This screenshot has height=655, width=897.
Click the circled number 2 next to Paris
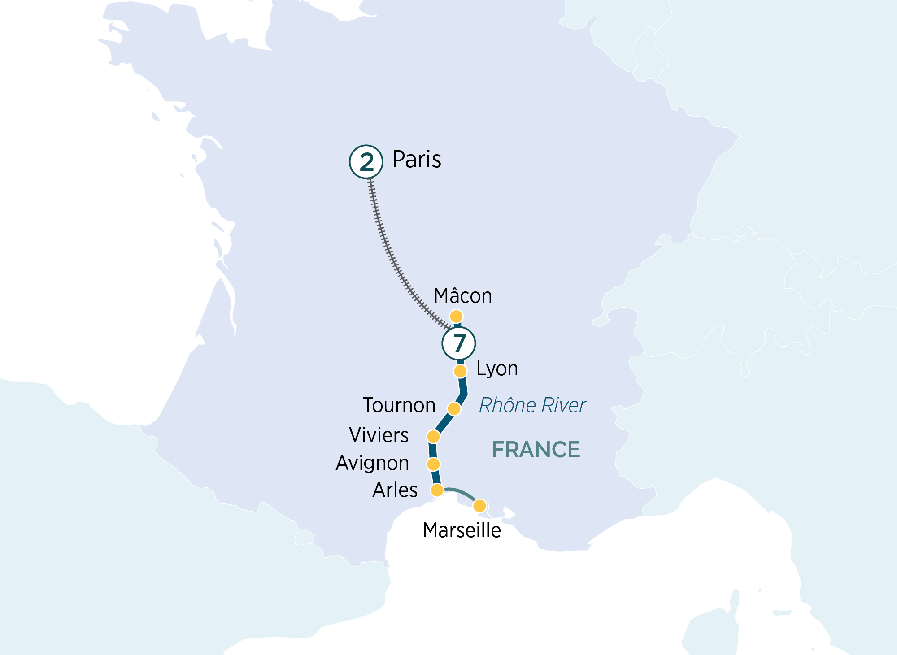(x=366, y=162)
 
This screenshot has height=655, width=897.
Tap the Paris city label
(x=417, y=160)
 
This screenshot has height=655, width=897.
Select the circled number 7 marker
(x=458, y=343)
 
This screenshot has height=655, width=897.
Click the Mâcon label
(x=463, y=296)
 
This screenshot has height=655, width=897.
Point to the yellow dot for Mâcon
(x=456, y=317)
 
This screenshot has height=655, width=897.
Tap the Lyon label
(x=497, y=369)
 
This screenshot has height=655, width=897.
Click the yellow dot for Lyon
(x=460, y=371)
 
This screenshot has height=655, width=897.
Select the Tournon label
(x=399, y=405)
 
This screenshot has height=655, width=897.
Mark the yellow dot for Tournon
(x=454, y=408)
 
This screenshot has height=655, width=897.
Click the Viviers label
(x=379, y=435)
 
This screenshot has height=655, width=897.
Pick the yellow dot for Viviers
(x=433, y=436)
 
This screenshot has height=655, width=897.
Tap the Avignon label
(x=372, y=463)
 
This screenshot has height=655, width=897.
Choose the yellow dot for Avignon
(x=433, y=464)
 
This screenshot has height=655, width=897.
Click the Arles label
(x=395, y=490)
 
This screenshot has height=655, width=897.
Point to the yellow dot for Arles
(x=437, y=490)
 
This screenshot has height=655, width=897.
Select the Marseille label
(x=462, y=530)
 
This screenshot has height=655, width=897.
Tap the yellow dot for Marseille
(x=480, y=506)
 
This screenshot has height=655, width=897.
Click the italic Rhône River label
(x=532, y=405)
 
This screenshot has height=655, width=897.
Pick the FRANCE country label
(x=536, y=450)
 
